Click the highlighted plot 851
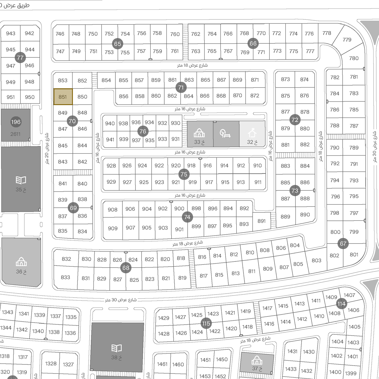point(63,97)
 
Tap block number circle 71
point(181,87)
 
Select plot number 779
point(347,40)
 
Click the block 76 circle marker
point(143,131)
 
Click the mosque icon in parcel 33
point(199,133)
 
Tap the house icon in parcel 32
point(252,133)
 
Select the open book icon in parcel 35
point(21,180)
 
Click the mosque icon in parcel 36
point(21,261)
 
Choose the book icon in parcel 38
point(117,348)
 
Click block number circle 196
point(16,122)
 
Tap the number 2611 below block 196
point(15,134)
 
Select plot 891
point(261,221)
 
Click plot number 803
point(316,260)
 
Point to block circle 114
point(342,304)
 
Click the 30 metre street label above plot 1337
point(121,300)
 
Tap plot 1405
point(354,327)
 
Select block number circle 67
point(343,244)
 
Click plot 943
point(11,33)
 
